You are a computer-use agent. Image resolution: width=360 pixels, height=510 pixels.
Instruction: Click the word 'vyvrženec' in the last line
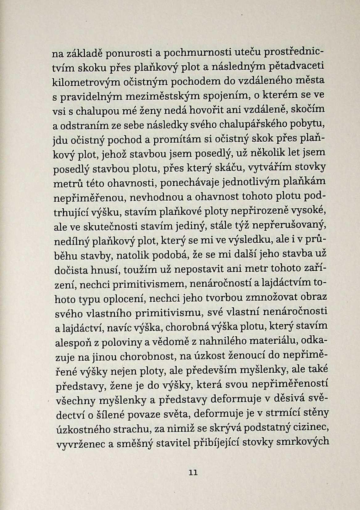tap(81, 444)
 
